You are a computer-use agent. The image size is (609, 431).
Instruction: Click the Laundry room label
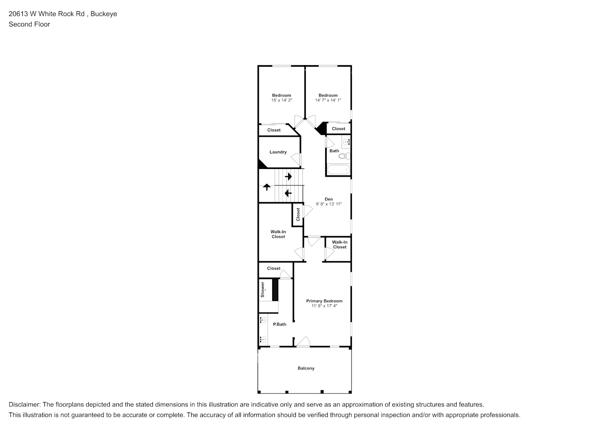278,152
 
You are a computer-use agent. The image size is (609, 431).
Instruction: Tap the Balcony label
306,369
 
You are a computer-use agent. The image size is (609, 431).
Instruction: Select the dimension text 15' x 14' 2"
281,100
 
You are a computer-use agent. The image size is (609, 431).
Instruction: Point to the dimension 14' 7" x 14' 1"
328,100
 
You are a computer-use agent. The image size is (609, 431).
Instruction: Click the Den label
329,199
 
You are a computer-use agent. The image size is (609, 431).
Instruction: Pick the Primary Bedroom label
324,301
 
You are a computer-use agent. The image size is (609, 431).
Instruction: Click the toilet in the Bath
345,156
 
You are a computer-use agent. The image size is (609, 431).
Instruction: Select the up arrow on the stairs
267,187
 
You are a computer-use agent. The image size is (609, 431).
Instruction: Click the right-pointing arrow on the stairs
288,176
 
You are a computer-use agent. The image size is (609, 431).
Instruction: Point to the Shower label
262,290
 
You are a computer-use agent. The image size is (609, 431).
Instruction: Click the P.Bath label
280,325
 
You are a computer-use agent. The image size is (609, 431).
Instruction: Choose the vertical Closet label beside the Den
298,215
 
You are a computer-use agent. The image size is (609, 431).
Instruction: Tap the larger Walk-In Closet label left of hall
278,234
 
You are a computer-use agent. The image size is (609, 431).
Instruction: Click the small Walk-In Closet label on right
339,245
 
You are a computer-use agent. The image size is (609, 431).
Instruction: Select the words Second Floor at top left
29,24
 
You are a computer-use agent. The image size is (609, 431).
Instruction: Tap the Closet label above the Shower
273,269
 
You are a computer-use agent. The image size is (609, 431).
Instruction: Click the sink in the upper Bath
347,141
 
